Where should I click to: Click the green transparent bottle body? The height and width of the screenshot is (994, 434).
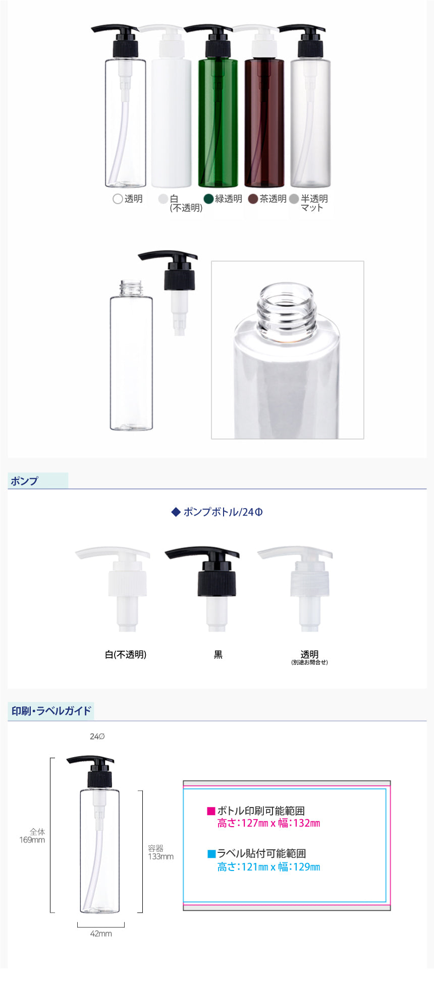tap(218, 123)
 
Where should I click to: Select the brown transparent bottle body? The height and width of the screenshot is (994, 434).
tap(264, 123)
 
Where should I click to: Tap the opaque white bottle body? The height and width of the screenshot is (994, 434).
tap(172, 123)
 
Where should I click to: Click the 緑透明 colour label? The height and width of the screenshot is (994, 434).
tap(229, 199)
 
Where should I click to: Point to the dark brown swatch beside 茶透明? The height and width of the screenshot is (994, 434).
tap(253, 199)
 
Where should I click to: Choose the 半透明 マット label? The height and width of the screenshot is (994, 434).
tap(314, 203)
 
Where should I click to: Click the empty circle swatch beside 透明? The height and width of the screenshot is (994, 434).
tap(118, 199)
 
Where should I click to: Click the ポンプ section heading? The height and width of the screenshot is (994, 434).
tap(24, 481)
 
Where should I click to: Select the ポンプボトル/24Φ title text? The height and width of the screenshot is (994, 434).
tap(223, 512)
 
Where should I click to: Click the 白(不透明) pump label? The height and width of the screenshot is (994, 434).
tap(126, 654)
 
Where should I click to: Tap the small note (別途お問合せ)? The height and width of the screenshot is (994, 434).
tap(309, 662)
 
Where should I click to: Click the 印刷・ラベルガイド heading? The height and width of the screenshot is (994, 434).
tap(51, 711)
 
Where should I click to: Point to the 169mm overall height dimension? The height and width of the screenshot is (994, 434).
tap(32, 840)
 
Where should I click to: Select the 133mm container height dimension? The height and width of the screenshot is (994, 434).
tap(160, 856)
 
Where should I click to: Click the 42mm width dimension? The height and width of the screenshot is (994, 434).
tap(101, 934)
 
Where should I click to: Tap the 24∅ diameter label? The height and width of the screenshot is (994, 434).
tap(97, 736)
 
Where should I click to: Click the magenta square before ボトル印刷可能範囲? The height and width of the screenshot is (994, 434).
tap(211, 811)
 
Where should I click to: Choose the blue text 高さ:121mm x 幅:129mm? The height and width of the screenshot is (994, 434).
tap(269, 867)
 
